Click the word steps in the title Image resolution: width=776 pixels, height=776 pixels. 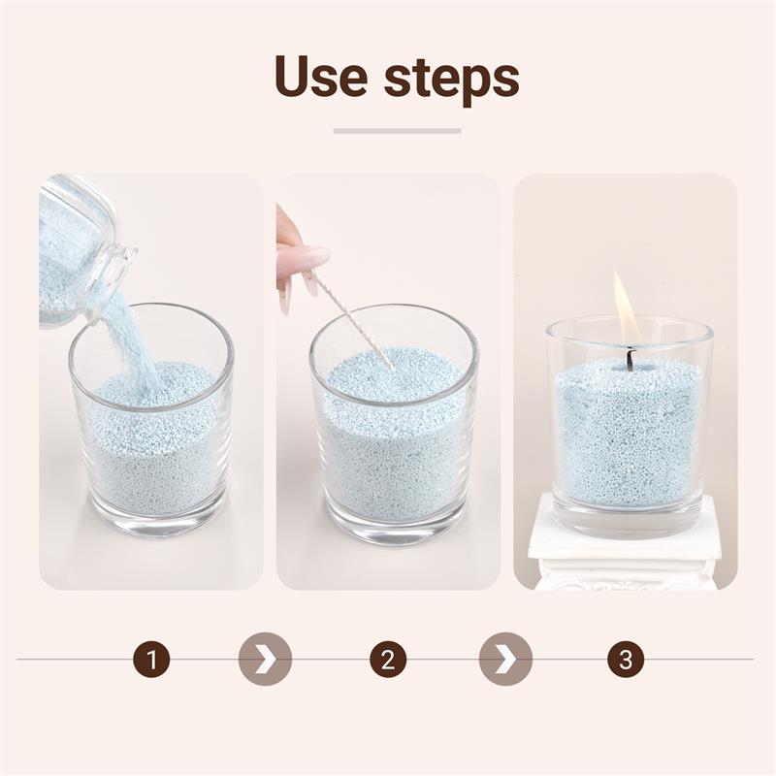[451, 78]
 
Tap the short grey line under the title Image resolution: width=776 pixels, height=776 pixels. [397, 130]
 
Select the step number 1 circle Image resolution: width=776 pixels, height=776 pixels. [151, 660]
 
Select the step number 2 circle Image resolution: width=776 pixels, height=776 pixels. [388, 660]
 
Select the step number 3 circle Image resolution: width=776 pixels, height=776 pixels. [626, 660]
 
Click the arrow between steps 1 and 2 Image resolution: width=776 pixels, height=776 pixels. [265, 660]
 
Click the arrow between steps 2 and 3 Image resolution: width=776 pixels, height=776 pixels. [505, 660]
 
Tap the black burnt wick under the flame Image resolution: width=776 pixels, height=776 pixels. [630, 360]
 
